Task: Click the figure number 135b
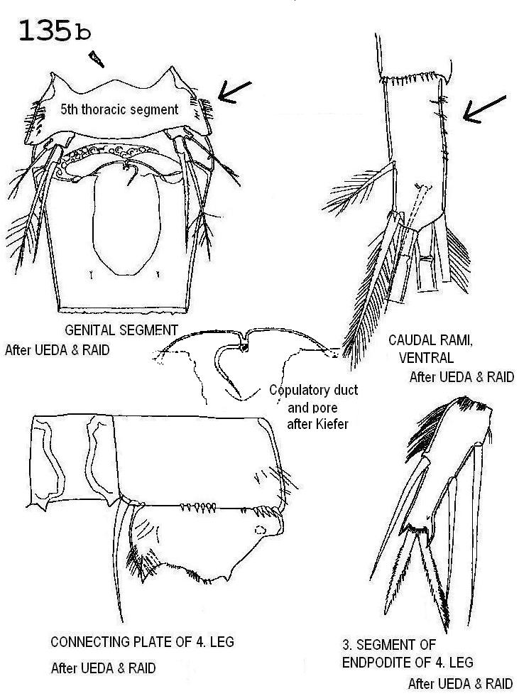55,31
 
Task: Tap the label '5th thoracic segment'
119,109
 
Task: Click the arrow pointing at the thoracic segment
234,92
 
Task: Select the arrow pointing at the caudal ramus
484,109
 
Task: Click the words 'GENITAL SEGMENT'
121,330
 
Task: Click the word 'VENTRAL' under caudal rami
426,358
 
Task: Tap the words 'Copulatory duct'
314,390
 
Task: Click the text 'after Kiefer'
317,424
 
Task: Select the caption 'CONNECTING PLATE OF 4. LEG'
142,642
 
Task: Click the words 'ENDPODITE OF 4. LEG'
408,663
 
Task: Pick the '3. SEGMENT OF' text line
389,645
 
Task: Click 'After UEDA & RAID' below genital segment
58,350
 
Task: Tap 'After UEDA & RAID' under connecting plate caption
104,668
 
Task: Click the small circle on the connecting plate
261,530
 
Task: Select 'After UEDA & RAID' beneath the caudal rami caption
461,377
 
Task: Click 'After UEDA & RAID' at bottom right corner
461,684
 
